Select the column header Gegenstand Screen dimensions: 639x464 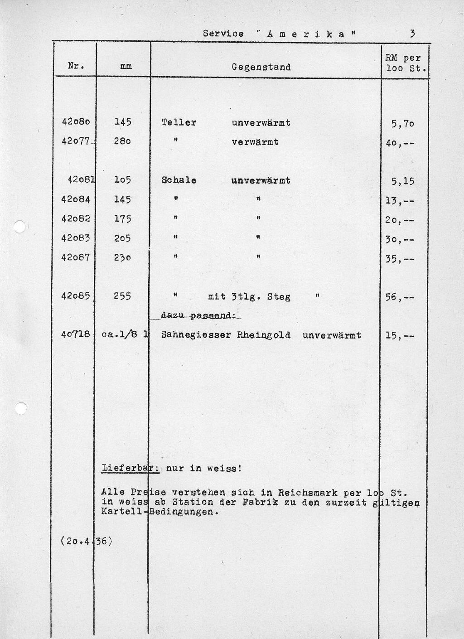(x=261, y=67)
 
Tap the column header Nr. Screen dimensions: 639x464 (x=75, y=66)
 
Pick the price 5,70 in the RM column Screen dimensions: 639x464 (x=403, y=124)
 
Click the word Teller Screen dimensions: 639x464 (x=179, y=122)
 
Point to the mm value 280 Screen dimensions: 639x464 (x=122, y=141)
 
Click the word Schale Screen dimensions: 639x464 (x=179, y=180)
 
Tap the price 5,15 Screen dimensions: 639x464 (x=403, y=181)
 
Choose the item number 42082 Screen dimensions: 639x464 (x=76, y=218)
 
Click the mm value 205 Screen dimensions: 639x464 (x=122, y=238)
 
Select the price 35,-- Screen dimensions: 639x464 (x=399, y=259)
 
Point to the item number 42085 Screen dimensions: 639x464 (x=76, y=296)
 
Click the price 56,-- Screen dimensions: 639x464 (x=399, y=297)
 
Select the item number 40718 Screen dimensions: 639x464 (x=76, y=335)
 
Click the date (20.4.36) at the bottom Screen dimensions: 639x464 (x=86, y=541)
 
